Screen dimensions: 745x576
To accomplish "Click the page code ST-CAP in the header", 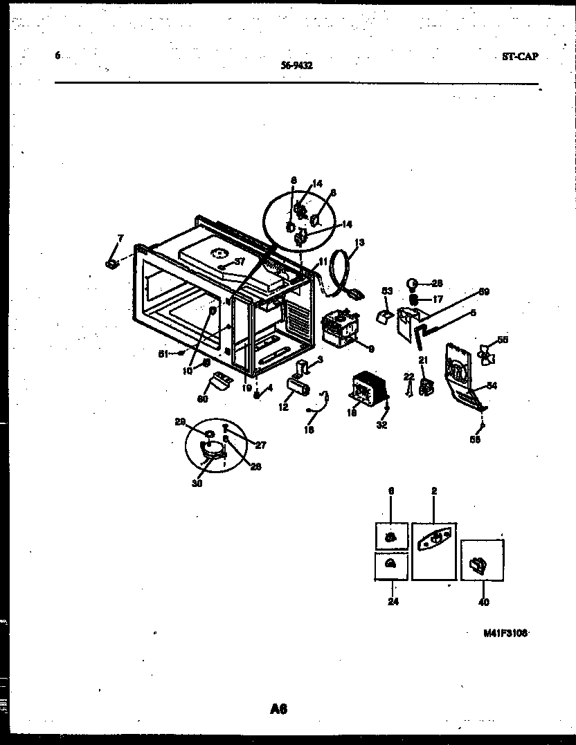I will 520,57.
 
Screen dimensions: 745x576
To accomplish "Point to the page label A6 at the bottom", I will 278,708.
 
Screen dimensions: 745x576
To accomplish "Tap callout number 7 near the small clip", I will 120,239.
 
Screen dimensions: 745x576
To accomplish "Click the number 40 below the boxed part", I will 483,603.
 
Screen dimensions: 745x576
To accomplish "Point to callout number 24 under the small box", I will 393,602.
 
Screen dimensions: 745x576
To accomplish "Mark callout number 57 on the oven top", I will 240,261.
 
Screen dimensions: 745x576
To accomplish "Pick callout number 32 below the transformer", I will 382,425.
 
